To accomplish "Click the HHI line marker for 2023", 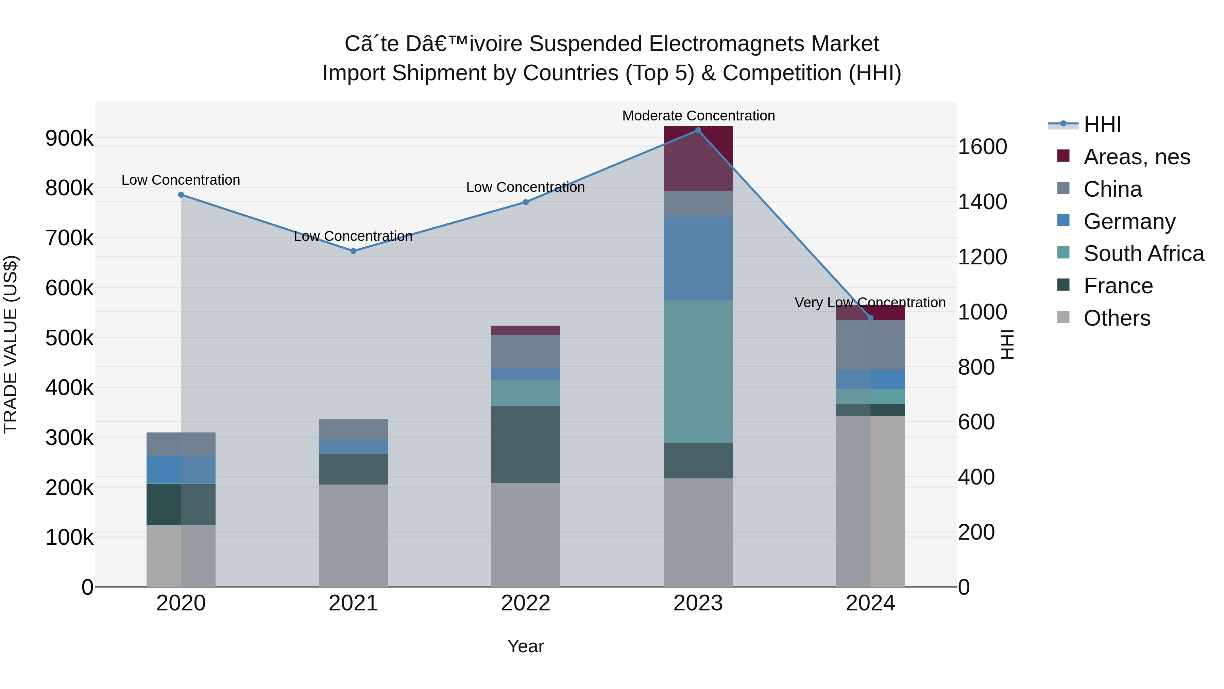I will pos(698,130).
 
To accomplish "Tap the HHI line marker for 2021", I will pos(353,251).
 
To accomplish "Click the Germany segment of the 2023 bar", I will pos(698,258).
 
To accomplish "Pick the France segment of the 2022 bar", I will pos(526,445).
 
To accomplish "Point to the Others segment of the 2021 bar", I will pos(353,536).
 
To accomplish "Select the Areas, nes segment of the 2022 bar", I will pos(526,330).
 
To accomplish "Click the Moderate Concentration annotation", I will pos(698,116).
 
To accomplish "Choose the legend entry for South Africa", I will pos(1143,253).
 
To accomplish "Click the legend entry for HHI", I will pos(1102,125).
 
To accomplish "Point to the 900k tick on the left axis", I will pos(69,138).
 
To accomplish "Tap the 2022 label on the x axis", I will pos(526,603).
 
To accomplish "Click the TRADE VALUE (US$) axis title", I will pos(11,344).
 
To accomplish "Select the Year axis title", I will pos(526,646).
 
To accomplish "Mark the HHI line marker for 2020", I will pos(181,195).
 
